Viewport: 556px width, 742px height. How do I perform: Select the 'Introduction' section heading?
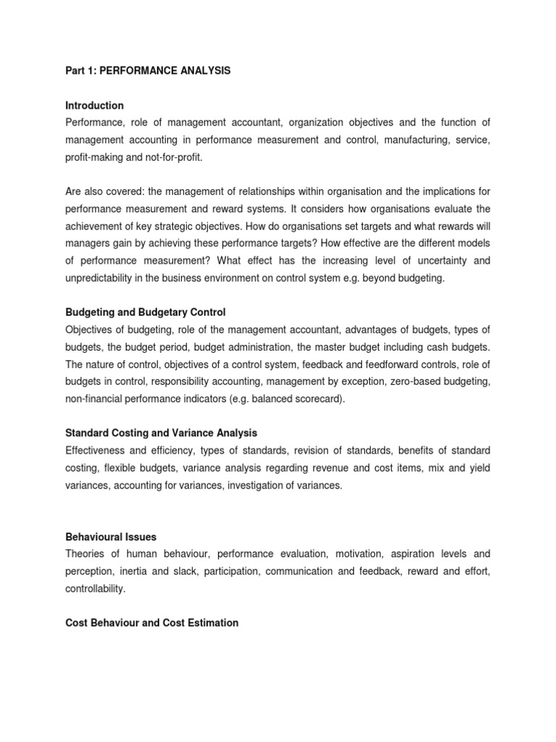point(95,105)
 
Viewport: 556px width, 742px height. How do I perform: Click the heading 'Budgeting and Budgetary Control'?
point(146,312)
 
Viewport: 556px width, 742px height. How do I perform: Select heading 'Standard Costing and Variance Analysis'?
point(161,433)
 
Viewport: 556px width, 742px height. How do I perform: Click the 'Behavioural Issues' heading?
point(111,537)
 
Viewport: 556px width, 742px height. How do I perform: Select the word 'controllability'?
point(94,589)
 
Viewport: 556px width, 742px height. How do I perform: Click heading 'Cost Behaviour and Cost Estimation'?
point(152,622)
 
